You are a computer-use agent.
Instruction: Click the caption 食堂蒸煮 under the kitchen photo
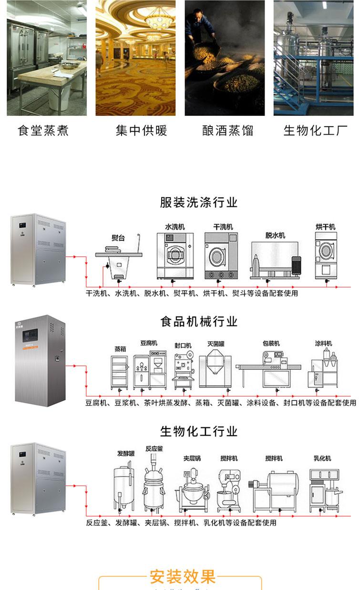click(43, 130)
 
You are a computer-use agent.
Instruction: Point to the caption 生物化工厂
click(316, 130)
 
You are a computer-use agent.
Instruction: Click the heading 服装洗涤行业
click(198, 202)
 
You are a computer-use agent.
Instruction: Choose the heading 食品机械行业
click(198, 321)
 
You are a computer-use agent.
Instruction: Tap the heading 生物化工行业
click(198, 432)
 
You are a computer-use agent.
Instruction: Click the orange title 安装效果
click(183, 577)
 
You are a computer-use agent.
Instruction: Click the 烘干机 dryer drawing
click(326, 255)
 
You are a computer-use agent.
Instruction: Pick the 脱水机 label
click(275, 235)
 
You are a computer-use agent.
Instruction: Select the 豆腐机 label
click(148, 343)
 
